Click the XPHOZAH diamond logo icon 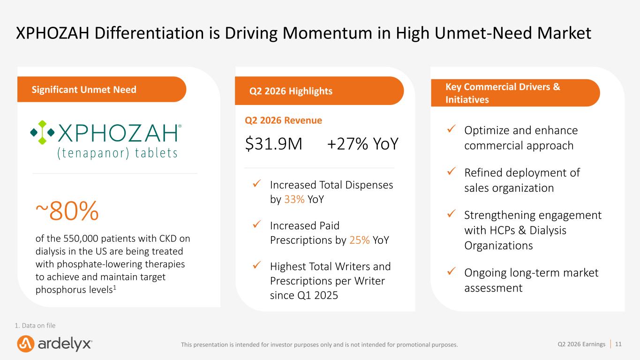pos(42,132)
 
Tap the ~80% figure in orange pos(67,211)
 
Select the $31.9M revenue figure pos(273,144)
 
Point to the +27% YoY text pos(362,144)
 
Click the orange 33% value pos(294,199)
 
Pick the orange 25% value pos(360,240)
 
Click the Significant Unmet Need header pos(84,90)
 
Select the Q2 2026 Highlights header pos(291,91)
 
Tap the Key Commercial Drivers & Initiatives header pos(503,93)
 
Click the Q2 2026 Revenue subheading pos(283,120)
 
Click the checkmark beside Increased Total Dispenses pos(256,183)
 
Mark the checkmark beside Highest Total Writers pos(256,265)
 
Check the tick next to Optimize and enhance pos(451,129)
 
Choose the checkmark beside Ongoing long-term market pos(451,271)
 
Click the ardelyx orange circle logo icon pos(26,344)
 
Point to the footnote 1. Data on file pos(35,325)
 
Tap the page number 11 pos(618,344)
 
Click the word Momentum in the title pos(327,33)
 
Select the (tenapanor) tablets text pos(117,153)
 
